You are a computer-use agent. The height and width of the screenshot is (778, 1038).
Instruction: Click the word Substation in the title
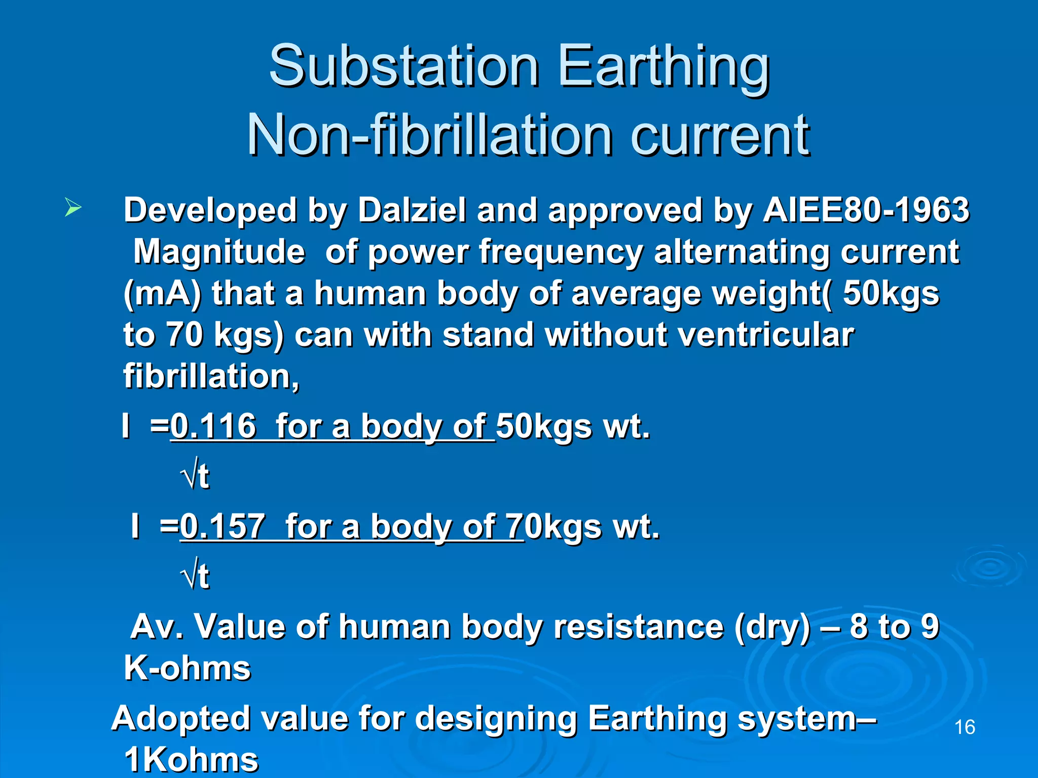click(403, 66)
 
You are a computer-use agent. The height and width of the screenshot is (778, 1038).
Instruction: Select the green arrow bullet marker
click(73, 208)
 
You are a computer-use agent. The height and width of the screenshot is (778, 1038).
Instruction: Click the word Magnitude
click(219, 252)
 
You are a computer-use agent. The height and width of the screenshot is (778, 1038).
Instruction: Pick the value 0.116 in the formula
click(213, 426)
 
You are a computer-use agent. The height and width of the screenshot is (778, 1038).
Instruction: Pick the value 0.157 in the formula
click(223, 526)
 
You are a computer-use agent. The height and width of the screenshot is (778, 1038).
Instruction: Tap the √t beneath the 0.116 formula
click(195, 476)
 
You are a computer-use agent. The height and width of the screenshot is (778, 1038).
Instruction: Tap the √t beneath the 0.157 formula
click(195, 576)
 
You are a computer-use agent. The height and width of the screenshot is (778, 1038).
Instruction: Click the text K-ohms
click(187, 668)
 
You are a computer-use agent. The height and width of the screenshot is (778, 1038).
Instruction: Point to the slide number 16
click(964, 727)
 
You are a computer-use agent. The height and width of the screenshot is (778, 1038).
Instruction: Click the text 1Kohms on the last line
click(191, 760)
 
